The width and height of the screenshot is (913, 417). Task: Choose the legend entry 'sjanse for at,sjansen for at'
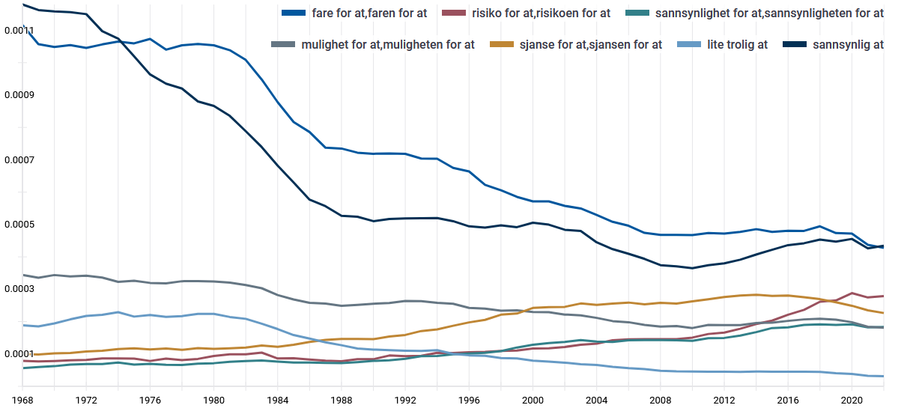pyautogui.click(x=591, y=44)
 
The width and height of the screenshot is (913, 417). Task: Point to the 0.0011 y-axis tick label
pyautogui.click(x=18, y=31)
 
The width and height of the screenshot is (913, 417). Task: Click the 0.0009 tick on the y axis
pyautogui.click(x=18, y=95)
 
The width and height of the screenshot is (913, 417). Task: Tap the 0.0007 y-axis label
pyautogui.click(x=18, y=159)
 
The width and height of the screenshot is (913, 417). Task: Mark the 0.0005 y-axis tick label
pyautogui.click(x=18, y=225)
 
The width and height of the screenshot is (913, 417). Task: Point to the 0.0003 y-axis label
pyautogui.click(x=18, y=289)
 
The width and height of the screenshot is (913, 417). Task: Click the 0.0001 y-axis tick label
pyautogui.click(x=18, y=353)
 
